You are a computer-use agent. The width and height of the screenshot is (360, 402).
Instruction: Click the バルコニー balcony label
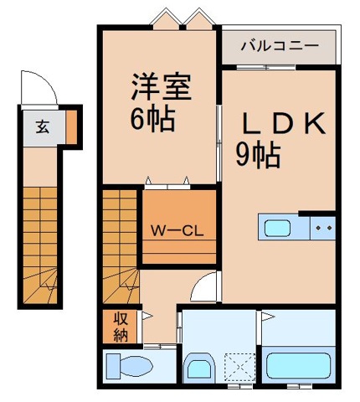coord(279,45)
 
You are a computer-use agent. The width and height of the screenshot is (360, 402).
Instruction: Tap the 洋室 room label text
coord(159,88)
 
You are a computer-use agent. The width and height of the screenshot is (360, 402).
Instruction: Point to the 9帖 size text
coord(257,154)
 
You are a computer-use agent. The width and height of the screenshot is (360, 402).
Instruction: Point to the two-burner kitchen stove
coord(323,226)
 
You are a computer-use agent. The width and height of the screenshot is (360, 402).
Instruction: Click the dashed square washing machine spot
coord(240,366)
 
